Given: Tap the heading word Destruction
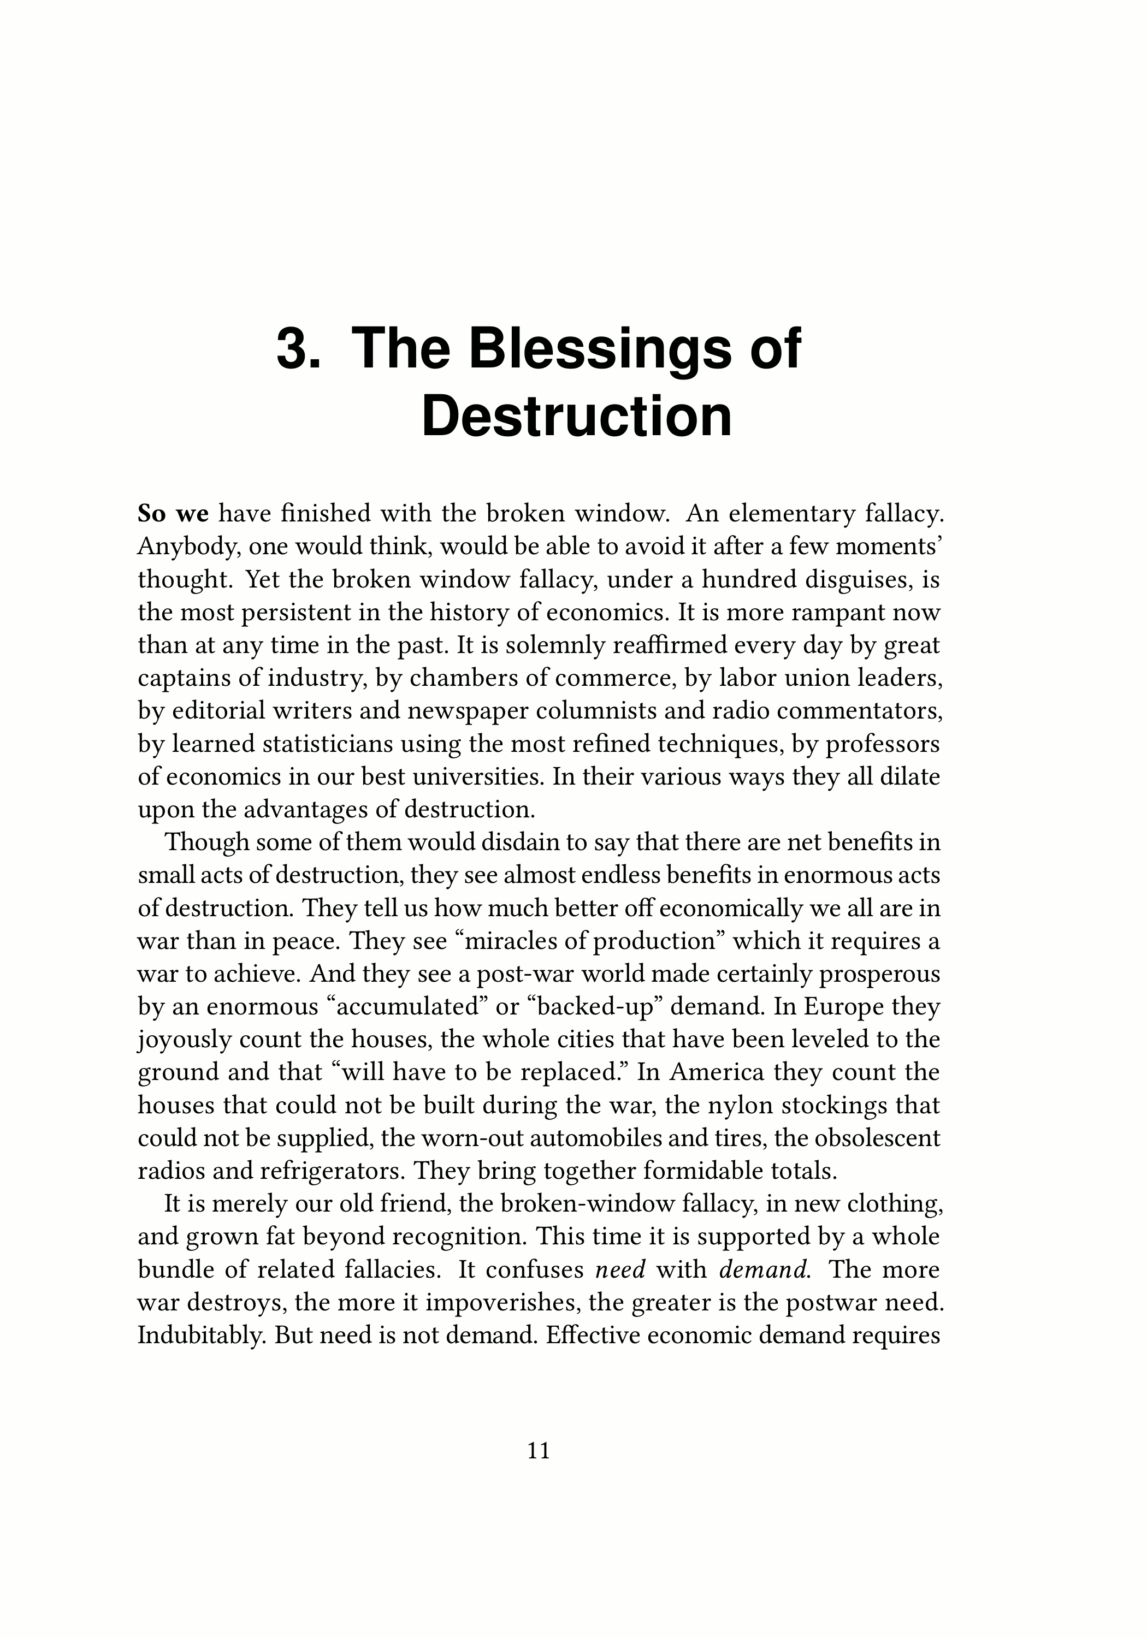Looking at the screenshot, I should (577, 416).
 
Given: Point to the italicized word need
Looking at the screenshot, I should (619, 1269).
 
